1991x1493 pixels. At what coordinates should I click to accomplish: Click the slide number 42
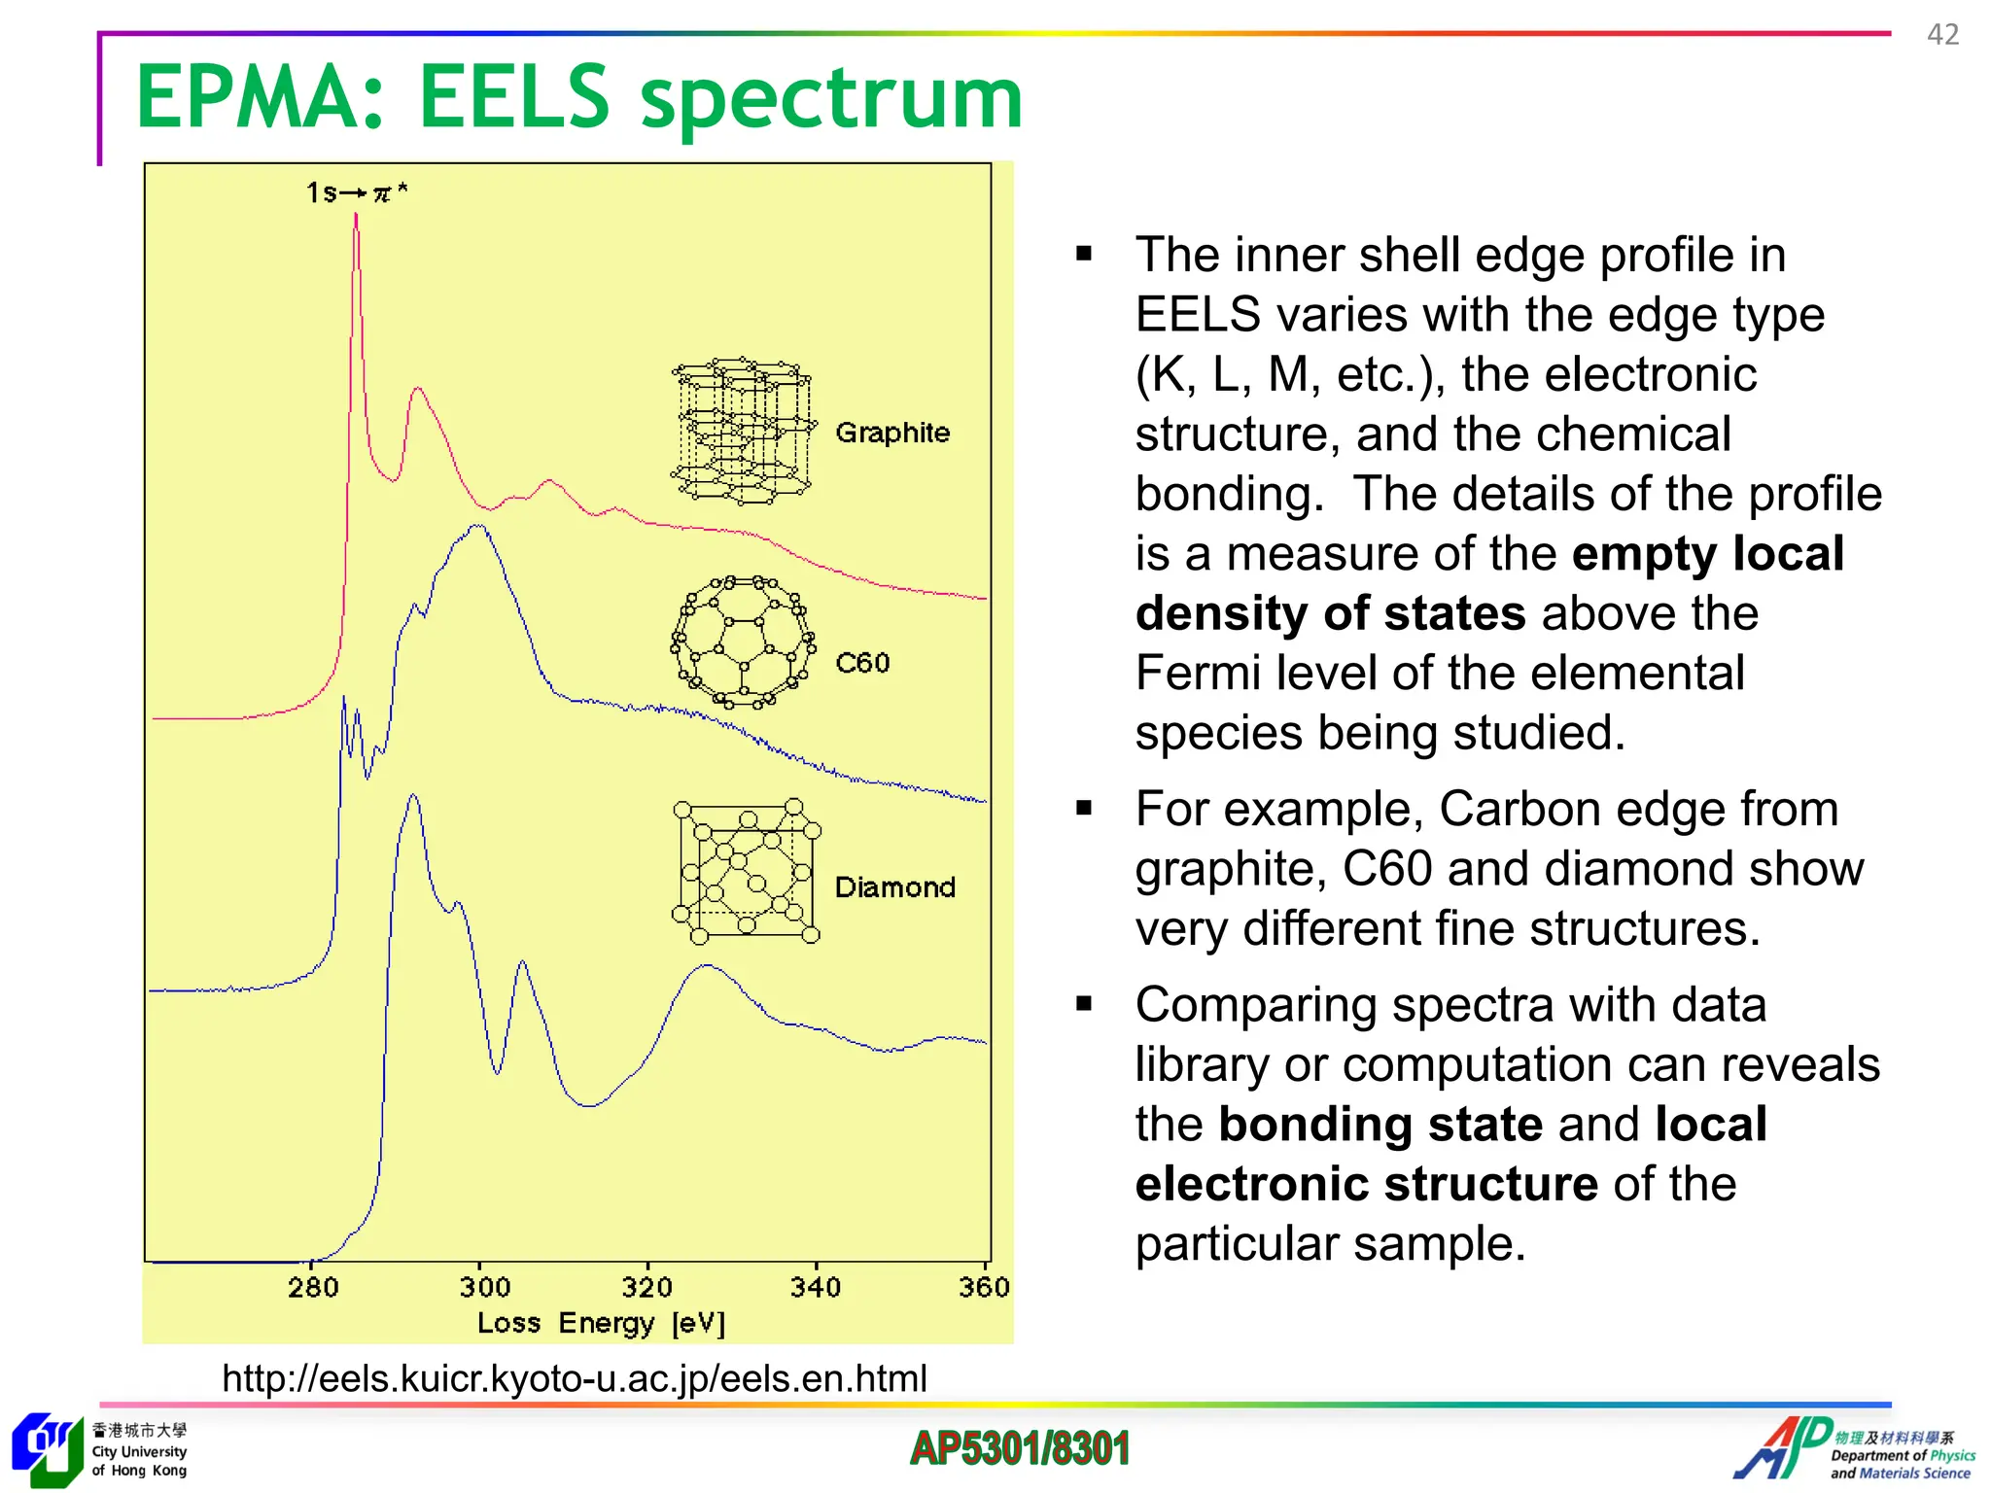pos(1942,35)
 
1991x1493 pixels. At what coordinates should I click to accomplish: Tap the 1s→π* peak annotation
pos(356,192)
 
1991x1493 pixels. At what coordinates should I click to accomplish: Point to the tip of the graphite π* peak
pos(356,216)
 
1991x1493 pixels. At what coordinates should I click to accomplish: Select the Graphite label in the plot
pos(892,433)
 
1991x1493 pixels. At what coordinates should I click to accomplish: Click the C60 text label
pos(862,663)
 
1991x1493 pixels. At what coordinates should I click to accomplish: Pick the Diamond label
pos(894,887)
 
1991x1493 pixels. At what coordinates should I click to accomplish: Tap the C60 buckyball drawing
pos(744,642)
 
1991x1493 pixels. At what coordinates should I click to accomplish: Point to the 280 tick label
pos(313,1288)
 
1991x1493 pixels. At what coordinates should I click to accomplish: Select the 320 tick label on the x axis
pos(646,1288)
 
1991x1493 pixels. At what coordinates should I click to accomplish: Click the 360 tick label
pos(983,1288)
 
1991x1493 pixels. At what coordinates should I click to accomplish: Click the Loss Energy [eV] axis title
pos(601,1323)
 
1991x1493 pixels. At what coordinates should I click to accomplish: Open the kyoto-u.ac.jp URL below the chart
pos(574,1378)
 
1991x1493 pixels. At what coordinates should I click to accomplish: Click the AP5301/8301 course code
pos(1019,1448)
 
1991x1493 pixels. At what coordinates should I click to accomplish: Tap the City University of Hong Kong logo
pos(97,1450)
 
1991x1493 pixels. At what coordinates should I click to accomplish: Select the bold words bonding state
pos(1380,1125)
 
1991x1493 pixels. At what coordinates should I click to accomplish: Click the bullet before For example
pos(1084,808)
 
